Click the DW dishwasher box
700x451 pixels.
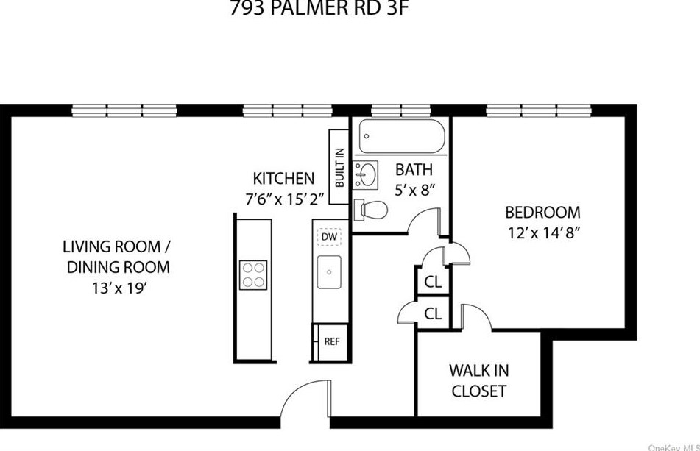(x=329, y=237)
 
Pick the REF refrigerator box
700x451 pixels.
(x=330, y=342)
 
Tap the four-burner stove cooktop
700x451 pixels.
(x=252, y=275)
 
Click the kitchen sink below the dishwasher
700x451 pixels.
(x=329, y=273)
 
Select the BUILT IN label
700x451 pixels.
(x=339, y=167)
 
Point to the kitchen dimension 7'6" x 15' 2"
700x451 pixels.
(x=283, y=199)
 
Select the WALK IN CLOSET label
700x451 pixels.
(x=478, y=380)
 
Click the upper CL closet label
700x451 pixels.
(x=433, y=282)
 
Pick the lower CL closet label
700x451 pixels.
(x=433, y=313)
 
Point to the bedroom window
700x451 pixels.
(x=542, y=111)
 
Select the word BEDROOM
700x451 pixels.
(x=542, y=213)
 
